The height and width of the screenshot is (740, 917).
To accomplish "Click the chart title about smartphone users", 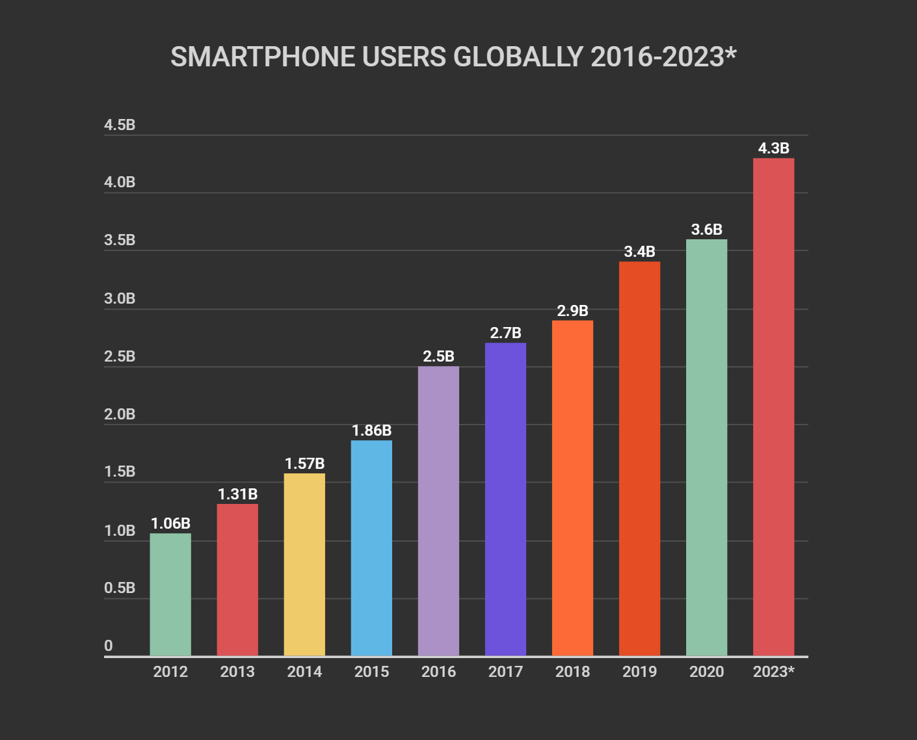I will pos(453,57).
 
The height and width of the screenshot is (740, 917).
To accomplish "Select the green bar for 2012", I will pos(170,594).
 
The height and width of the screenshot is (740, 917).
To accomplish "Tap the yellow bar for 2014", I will pos(304,564).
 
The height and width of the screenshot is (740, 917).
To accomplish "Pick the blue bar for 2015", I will pos(371,548).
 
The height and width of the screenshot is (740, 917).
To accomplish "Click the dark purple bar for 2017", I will pos(505,499).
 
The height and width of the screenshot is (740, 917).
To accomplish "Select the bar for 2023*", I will pos(773,406).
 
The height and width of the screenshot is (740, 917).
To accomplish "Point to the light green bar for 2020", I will pos(706,447).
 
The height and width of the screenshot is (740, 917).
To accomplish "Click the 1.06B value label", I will pos(170,523).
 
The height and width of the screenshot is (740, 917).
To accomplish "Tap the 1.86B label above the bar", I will pos(371,430).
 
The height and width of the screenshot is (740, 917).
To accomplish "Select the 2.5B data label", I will pos(438,356).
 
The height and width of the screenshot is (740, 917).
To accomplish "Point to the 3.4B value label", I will pos(639,252).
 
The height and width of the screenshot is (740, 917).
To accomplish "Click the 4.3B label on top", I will pos(773,148).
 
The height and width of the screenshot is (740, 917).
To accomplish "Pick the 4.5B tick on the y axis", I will pos(120,125).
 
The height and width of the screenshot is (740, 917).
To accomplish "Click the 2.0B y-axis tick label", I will pos(120,414).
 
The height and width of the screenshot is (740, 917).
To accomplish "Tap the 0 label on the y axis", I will pos(109,646).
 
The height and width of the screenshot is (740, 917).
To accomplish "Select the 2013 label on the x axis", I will pos(237,672).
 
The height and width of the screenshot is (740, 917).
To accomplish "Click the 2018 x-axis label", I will pos(572,672).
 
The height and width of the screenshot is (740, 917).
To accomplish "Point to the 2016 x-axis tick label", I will pos(438,672).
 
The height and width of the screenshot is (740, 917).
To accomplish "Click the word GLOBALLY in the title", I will pos(518,57).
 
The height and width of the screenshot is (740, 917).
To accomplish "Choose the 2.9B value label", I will pos(572,311).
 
